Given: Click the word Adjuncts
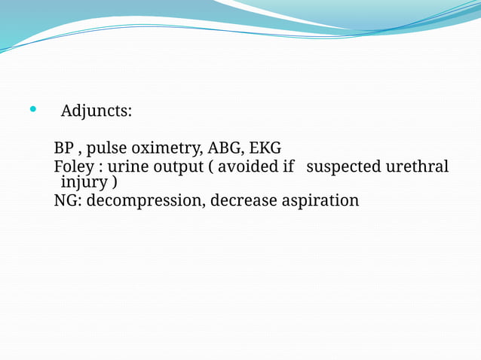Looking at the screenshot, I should point(96,111).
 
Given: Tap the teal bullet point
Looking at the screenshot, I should point(32,110).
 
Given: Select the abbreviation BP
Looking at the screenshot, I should point(63,148).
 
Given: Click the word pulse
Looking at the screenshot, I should point(106,148).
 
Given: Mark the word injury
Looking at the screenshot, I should point(84,183).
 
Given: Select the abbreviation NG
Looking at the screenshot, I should point(66,201).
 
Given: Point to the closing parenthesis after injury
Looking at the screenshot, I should point(114,183).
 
